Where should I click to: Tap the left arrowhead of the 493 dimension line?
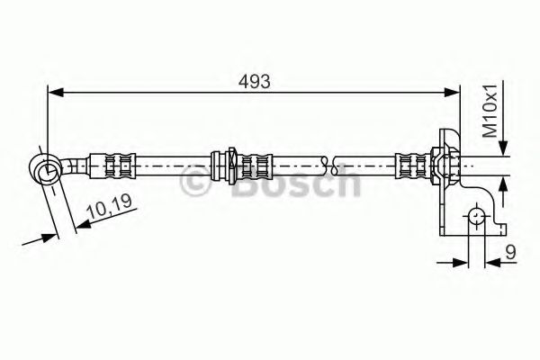click(54, 90)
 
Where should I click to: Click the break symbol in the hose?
click(334, 165)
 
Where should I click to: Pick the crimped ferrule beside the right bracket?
click(415, 165)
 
